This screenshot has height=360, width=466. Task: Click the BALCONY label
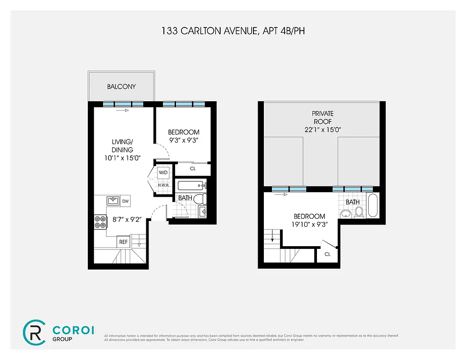coord(121,86)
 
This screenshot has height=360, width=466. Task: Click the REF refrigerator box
coord(123,242)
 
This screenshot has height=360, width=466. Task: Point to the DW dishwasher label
coord(125,201)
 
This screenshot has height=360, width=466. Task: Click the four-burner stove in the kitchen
coord(100,221)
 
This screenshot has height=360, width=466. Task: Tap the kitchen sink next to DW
coord(113,201)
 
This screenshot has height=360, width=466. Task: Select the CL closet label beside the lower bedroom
coord(192,169)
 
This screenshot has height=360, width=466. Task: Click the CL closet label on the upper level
coord(327,254)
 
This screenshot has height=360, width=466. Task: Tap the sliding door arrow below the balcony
coord(122,110)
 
